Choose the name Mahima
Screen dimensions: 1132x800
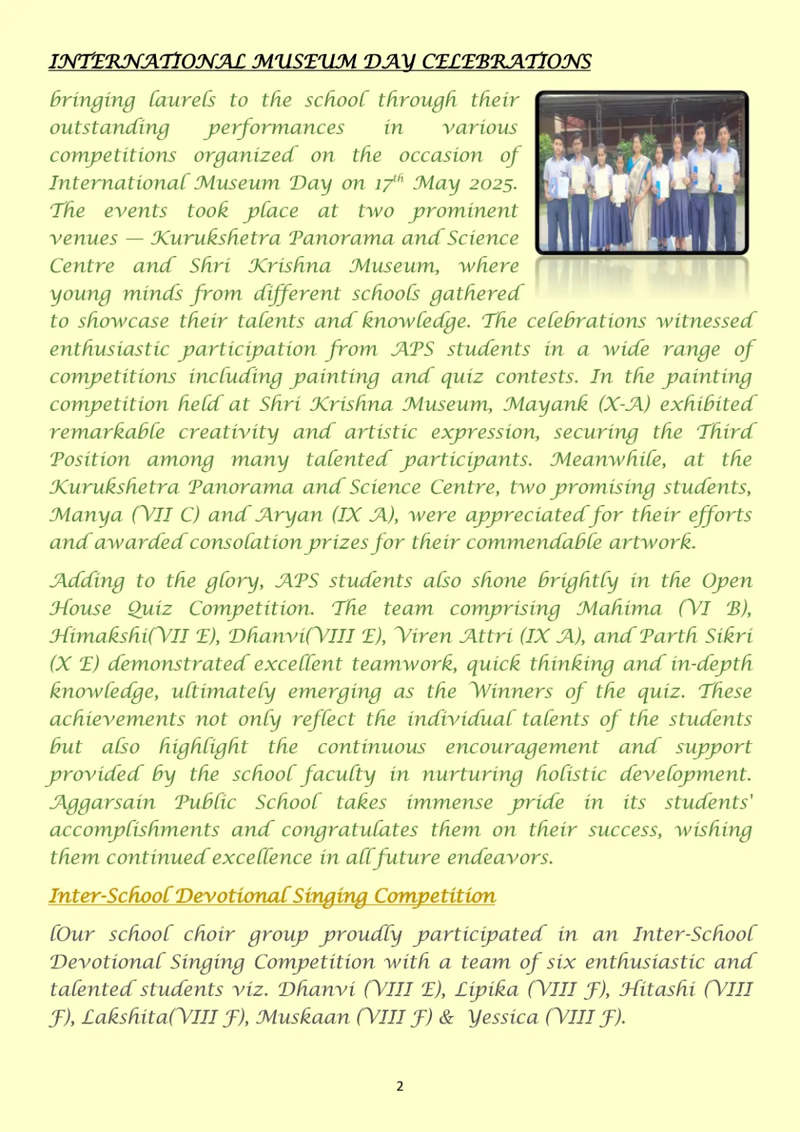[x=619, y=608]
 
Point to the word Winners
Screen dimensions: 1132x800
[x=510, y=691]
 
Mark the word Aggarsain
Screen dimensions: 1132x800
[x=103, y=802]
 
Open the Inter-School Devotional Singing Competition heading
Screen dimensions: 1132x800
[x=272, y=895]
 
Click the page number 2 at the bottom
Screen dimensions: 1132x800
[x=400, y=1086]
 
